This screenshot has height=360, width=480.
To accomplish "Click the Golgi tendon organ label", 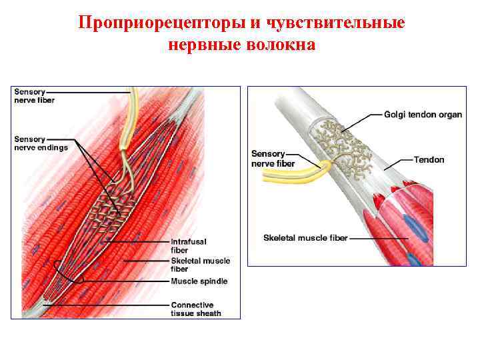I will (x=423, y=115).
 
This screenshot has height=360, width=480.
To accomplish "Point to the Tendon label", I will (x=429, y=160).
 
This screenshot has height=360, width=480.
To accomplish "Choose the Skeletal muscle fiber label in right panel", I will (x=305, y=237).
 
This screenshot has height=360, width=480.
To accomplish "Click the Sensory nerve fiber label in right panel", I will (x=273, y=158).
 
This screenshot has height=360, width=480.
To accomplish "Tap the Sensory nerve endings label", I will (x=41, y=143).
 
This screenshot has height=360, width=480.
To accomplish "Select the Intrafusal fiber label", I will (x=189, y=245).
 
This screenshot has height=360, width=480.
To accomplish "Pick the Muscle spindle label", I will (x=199, y=281).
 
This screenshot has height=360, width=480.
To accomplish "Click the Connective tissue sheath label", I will (x=195, y=309).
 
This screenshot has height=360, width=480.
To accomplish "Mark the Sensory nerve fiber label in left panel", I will (x=35, y=96).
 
